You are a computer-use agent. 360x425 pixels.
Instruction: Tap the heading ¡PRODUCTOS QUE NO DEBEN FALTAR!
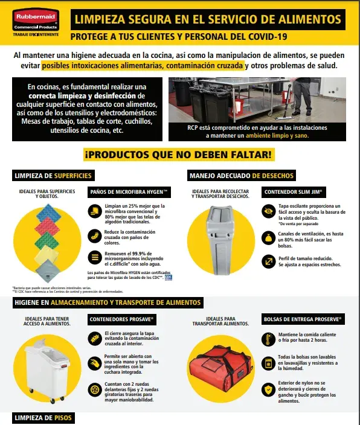click(x=180, y=155)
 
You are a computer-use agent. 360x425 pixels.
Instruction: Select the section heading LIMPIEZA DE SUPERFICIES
click(x=53, y=176)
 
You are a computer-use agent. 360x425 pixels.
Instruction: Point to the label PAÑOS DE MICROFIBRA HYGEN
click(x=130, y=192)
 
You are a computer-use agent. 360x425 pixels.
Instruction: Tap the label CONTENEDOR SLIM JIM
click(x=294, y=192)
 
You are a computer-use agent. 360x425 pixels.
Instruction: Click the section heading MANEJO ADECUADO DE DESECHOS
click(x=242, y=176)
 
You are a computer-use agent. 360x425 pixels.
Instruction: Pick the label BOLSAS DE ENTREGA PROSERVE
click(x=303, y=319)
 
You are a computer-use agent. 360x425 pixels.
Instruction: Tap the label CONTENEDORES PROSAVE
click(x=122, y=319)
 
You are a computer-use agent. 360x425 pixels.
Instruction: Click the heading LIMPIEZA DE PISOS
click(x=39, y=417)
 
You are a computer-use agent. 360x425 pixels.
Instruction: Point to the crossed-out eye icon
click(x=268, y=211)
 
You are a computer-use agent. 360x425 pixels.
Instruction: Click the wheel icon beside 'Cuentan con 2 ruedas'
click(x=94, y=391)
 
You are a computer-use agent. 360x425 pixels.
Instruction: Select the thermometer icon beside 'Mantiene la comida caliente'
click(x=268, y=338)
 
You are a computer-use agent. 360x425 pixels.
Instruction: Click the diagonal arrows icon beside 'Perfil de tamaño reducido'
click(x=268, y=261)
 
